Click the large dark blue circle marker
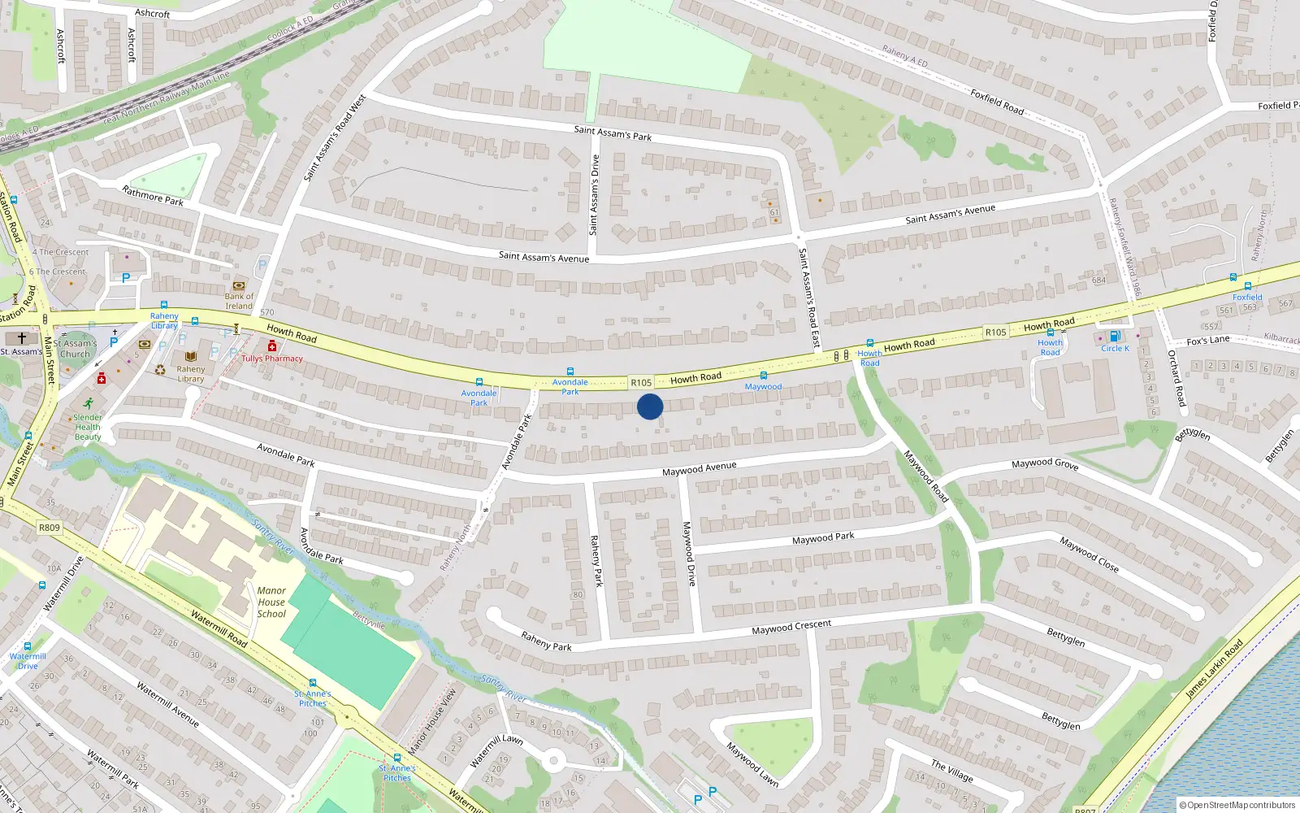tap(650, 406)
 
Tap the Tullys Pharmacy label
tap(272, 359)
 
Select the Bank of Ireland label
tap(239, 301)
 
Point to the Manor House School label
tap(271, 602)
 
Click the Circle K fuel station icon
tap(1114, 337)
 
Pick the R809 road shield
tap(50, 528)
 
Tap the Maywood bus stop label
tap(763, 387)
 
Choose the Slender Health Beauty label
tap(88, 427)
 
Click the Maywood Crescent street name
tap(791, 627)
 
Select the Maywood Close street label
tap(1089, 554)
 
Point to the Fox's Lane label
tap(1208, 341)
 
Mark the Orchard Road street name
tap(1176, 378)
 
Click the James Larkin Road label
tap(1214, 668)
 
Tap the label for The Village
tap(952, 770)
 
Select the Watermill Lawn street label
tap(496, 750)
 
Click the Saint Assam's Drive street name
tap(594, 195)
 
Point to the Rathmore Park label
tap(153, 195)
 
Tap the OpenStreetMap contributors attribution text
tap(1241, 805)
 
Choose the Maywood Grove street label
tap(1045, 463)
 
